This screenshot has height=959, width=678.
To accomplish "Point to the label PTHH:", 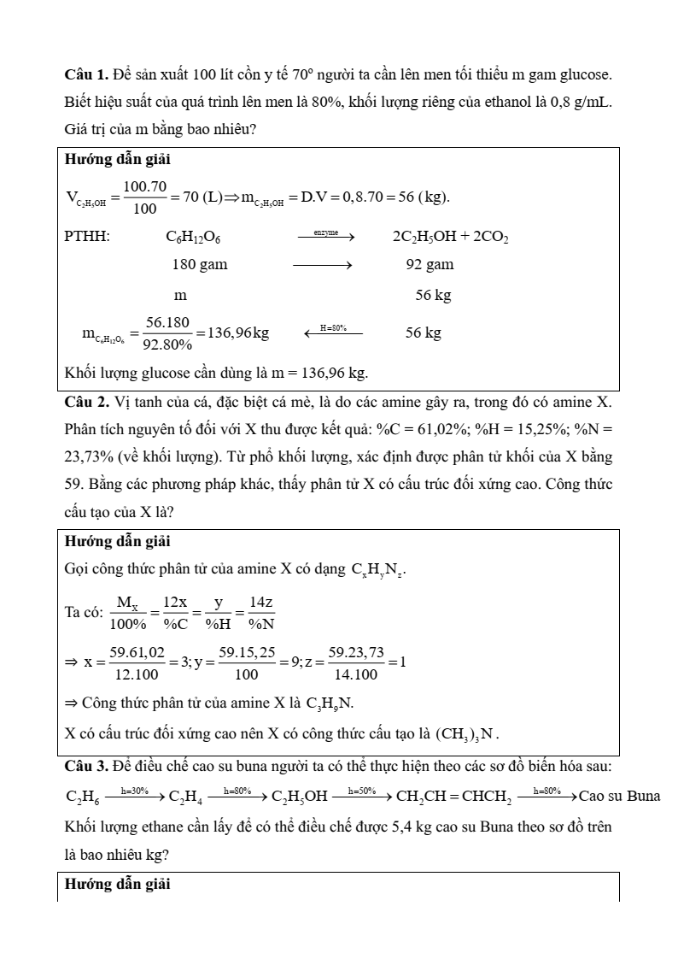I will point(87,237).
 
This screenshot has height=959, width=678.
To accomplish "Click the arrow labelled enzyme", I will point(325,234).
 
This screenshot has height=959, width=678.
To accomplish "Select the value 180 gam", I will point(200,264).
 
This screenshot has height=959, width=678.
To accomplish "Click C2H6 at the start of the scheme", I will point(82,797).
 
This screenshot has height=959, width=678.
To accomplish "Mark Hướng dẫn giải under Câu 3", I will point(118,884).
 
